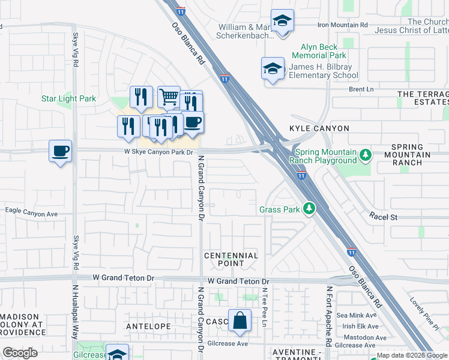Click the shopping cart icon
(169, 96)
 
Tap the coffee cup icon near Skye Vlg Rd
(60, 151)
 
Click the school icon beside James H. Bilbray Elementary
(273, 68)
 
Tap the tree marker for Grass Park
(309, 209)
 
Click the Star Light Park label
(68, 98)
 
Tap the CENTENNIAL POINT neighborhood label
(231, 259)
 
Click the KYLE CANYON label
(310, 128)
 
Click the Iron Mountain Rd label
(342, 25)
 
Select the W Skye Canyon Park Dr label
(158, 152)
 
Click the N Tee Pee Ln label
(264, 307)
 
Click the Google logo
(20, 353)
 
